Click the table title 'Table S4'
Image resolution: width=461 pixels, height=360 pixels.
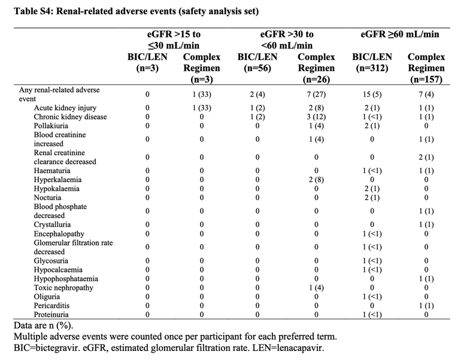[34, 11]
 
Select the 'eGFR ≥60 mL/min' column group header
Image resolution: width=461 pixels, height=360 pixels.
[400, 34]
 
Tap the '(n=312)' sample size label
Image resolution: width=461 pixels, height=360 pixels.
[372, 68]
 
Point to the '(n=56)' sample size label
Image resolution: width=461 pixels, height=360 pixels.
[257, 68]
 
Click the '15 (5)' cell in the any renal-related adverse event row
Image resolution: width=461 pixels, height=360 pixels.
[372, 95]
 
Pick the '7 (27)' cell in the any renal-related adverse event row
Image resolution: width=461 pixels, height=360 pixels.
[316, 95]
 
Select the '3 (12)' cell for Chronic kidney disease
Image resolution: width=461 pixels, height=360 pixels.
[316, 117]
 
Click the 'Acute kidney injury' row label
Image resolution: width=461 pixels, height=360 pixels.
[65, 108]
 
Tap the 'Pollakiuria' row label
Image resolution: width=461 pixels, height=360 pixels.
[51, 126]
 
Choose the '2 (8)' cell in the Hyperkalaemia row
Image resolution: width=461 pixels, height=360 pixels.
[316, 180]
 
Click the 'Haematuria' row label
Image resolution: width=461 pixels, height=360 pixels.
[52, 171]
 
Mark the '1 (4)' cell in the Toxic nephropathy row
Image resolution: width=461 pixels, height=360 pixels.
[316, 288]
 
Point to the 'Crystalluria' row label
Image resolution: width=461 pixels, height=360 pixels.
[52, 225]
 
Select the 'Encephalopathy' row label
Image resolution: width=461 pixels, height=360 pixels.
[59, 234]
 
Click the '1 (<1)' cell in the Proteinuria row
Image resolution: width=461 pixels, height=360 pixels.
[372, 314]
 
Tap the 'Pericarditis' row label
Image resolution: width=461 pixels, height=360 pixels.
[51, 305]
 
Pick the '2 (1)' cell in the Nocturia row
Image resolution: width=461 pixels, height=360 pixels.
[372, 198]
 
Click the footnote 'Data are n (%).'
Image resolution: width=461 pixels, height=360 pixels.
[44, 326]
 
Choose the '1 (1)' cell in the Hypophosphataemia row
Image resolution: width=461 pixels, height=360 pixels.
[426, 279]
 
